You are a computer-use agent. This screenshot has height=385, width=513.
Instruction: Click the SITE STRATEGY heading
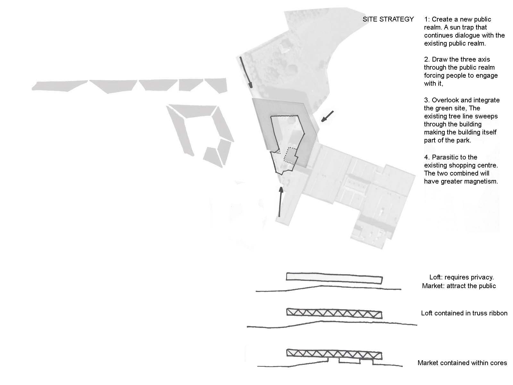(x=388, y=19)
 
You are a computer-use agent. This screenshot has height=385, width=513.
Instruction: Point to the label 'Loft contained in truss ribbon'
(x=464, y=313)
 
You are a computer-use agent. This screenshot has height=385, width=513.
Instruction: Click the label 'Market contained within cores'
(x=462, y=363)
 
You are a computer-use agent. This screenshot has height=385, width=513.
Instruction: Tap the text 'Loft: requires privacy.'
(x=462, y=277)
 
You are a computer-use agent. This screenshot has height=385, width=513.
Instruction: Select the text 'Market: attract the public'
(x=459, y=286)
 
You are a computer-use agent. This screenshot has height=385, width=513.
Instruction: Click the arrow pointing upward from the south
(x=280, y=201)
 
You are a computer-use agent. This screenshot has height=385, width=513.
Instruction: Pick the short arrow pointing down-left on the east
(x=327, y=116)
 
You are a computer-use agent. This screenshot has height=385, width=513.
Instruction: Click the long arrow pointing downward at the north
(x=246, y=73)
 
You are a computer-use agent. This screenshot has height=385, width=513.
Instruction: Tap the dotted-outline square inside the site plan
(x=290, y=155)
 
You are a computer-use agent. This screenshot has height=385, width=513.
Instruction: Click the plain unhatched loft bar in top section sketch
(x=334, y=278)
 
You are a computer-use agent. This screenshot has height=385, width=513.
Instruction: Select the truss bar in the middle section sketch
(x=334, y=313)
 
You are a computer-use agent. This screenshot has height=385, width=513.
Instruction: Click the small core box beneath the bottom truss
(x=349, y=361)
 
